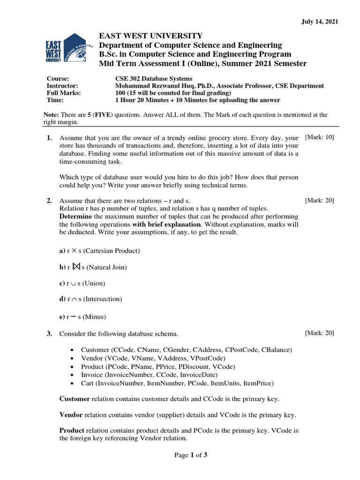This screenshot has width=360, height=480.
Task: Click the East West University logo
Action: pos(66,48)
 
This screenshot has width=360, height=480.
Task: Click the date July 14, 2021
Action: pos(319,22)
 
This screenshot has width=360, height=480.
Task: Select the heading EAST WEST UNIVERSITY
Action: pos(150,36)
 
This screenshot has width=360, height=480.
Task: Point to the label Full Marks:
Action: pos(64,93)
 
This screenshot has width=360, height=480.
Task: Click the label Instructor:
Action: pos(62,86)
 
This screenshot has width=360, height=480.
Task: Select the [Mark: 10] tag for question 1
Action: pos(319,137)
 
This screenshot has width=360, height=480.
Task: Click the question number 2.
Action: pos(49,201)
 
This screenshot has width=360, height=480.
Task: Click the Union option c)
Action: pos(82,283)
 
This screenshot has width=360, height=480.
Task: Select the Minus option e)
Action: pos(82,316)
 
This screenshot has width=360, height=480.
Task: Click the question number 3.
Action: pos(49,334)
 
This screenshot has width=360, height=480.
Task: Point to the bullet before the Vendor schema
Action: pos(71,359)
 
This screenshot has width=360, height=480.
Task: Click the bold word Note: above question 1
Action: pos(51,115)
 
